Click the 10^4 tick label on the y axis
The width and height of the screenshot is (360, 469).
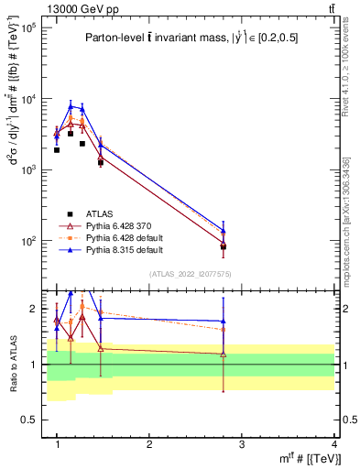[28, 99]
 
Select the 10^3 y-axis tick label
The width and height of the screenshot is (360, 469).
[28, 170]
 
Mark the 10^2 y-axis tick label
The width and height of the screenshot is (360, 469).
[28, 241]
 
